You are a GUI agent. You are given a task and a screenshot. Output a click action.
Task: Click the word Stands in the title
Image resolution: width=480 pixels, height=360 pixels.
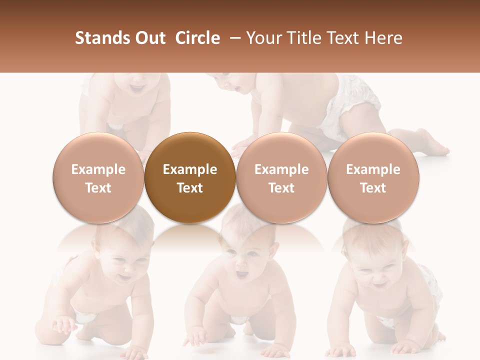tap(100, 38)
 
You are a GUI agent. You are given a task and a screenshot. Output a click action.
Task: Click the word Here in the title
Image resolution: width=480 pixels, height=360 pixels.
tap(383, 38)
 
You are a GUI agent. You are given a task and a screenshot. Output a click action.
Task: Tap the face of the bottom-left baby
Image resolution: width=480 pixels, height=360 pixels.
tap(122, 265)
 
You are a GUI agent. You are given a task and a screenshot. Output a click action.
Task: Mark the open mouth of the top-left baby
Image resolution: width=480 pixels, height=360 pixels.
tap(136, 89)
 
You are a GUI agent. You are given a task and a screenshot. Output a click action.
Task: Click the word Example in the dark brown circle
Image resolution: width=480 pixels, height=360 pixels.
tap(190, 169)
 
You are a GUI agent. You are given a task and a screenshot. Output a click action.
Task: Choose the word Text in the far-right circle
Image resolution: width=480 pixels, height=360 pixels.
tap(373, 188)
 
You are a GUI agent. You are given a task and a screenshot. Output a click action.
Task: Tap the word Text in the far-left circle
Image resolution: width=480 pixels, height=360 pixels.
tap(98, 188)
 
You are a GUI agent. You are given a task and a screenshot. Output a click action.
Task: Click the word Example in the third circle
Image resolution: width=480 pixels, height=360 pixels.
tap(281, 169)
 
